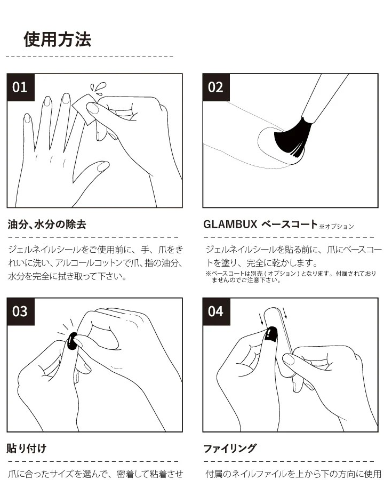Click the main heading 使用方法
coord(57,39)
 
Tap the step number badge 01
coord(21,87)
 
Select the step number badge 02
coord(216,87)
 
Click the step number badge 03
coord(21,311)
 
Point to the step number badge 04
coord(216,311)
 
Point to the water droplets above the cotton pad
coord(98,88)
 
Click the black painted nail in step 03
coord(72,341)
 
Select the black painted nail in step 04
coord(271,333)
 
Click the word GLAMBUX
coord(230,225)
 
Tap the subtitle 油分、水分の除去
coord(46,225)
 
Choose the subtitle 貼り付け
coord(27,449)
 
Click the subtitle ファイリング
coord(230,449)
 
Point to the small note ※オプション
coord(337,227)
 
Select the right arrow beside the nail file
coord(285,313)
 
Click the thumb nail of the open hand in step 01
coord(102,166)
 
